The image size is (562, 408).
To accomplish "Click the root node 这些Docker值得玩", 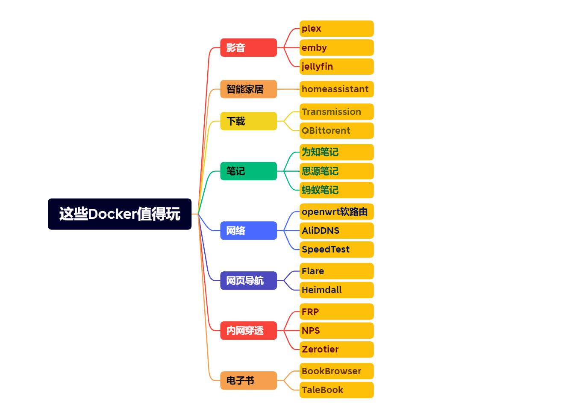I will click(x=120, y=214).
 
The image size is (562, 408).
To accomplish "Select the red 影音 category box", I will click(x=248, y=48).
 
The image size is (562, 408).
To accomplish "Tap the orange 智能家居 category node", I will click(x=248, y=89).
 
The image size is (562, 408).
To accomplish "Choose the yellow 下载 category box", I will click(x=248, y=121).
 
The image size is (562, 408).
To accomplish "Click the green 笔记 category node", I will click(x=248, y=171).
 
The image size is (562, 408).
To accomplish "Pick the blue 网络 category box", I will click(x=248, y=231).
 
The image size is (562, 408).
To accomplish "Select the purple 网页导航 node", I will click(x=248, y=281).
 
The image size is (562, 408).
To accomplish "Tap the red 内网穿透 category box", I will click(x=248, y=331).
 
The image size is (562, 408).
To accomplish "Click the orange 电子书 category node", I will click(x=248, y=381).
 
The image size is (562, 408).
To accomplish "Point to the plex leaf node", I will click(x=336, y=29).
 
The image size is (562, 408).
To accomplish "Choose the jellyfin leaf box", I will click(x=336, y=67).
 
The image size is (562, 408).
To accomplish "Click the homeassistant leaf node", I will click(x=336, y=89).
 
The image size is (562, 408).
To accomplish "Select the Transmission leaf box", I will click(x=336, y=112).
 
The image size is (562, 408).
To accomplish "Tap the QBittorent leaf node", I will click(x=336, y=131).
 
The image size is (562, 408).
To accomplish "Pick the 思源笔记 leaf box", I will click(x=336, y=171).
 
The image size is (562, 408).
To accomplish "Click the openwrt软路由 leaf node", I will click(x=336, y=212).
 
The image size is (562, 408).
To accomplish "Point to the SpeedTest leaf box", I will click(x=336, y=249).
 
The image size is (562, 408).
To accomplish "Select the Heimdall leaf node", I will click(x=336, y=290).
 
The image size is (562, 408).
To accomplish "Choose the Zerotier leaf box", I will click(x=336, y=349).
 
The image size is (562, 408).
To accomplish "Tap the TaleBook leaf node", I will click(x=336, y=390).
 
